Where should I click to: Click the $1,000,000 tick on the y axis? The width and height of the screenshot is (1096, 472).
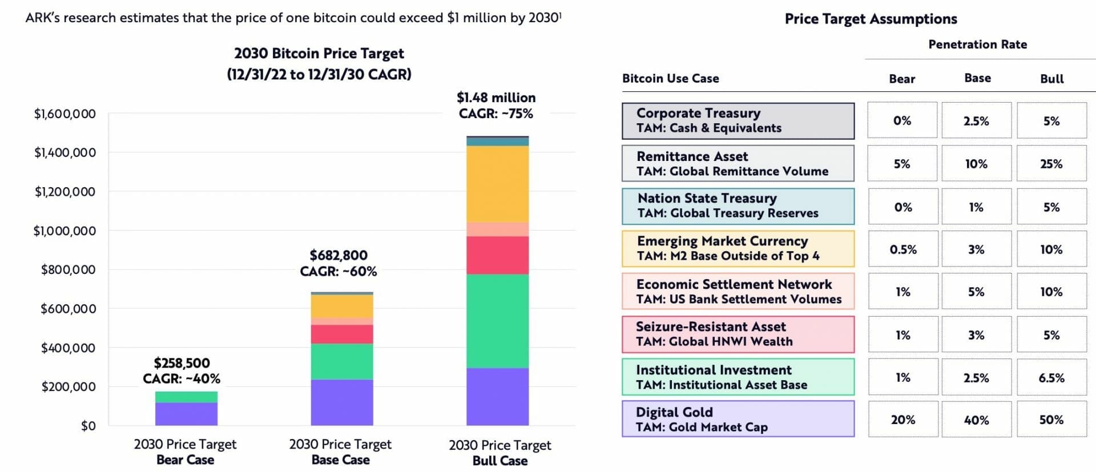click(x=65, y=231)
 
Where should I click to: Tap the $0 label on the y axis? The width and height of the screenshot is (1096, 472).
click(x=88, y=426)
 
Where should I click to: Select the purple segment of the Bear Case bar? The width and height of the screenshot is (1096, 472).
click(x=186, y=414)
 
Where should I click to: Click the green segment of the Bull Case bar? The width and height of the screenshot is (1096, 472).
click(x=497, y=321)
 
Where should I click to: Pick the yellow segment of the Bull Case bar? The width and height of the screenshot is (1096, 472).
click(x=497, y=184)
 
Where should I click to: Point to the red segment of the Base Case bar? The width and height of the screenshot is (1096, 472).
click(x=342, y=334)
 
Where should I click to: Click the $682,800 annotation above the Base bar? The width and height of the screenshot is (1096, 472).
click(x=339, y=255)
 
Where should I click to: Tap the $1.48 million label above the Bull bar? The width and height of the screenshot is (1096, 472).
click(x=496, y=98)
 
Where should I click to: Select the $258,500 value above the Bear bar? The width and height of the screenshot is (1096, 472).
click(x=182, y=363)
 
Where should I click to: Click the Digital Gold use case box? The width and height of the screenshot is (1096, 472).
click(x=738, y=419)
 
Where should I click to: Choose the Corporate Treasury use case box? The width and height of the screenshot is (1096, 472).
click(x=738, y=120)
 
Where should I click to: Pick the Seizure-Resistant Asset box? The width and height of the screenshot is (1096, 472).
click(x=738, y=334)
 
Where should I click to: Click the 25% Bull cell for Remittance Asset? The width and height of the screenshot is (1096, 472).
click(x=1051, y=164)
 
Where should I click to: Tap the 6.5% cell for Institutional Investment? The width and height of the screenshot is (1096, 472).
click(x=1051, y=377)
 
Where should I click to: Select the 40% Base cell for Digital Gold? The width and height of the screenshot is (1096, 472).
click(x=976, y=419)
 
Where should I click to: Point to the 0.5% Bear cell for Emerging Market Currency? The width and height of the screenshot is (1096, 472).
click(x=902, y=249)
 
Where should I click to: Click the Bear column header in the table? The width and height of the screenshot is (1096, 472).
click(x=902, y=79)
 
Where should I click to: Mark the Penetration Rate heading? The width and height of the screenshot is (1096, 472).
click(x=977, y=45)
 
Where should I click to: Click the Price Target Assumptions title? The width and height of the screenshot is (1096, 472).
click(x=871, y=19)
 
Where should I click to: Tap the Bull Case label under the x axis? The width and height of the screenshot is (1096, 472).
click(x=499, y=460)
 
